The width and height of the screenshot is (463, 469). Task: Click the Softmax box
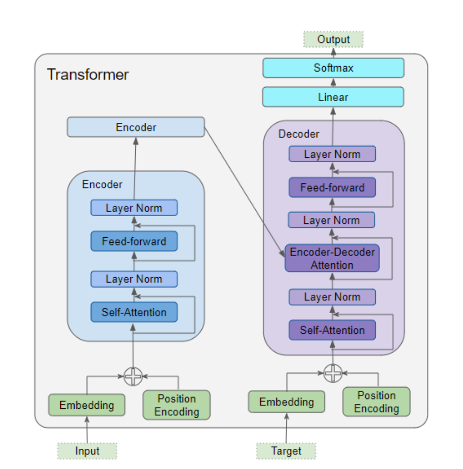coord(333,68)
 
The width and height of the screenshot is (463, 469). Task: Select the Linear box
coord(333,97)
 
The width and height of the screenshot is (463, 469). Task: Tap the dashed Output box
coord(333,39)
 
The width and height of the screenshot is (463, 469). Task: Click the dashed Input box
coord(87,451)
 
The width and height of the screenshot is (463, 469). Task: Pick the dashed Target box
coord(286,451)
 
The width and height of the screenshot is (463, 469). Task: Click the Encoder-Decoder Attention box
coord(332,258)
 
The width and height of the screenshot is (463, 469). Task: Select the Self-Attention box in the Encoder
coord(134,312)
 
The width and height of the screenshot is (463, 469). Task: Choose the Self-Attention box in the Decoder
coord(332,330)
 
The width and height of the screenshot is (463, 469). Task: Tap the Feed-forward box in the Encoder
coord(134,242)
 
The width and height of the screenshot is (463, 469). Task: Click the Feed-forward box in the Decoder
coord(332,188)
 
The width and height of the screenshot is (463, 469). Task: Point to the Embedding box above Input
coord(86,405)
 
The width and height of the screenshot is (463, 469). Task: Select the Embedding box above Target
coord(286,402)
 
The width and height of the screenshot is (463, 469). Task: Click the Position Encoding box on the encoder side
coord(176,405)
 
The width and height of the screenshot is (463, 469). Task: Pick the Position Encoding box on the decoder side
coord(376,402)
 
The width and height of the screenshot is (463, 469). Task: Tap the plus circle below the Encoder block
coord(133,376)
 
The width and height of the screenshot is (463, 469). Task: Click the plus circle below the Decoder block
coord(333,373)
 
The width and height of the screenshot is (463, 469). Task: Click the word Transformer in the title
coord(88,75)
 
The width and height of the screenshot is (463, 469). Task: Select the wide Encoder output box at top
coord(136,127)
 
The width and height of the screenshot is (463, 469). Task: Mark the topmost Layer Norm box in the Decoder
coord(332,154)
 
